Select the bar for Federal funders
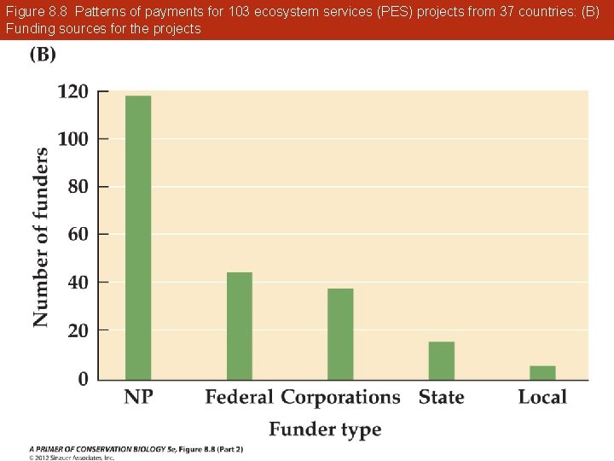240,325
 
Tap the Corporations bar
340,334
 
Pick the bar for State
442,360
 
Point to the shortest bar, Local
542,372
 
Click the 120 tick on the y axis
72,91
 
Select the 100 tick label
72,138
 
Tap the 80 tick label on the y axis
78,186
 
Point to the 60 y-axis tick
78,234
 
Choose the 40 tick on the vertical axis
78,282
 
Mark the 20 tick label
78,330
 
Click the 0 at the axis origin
83,379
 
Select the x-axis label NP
138,397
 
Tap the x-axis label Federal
240,397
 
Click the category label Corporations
340,397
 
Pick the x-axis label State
442,397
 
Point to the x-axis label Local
542,397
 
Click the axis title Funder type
325,429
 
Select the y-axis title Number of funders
41,236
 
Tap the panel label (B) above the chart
43,55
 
